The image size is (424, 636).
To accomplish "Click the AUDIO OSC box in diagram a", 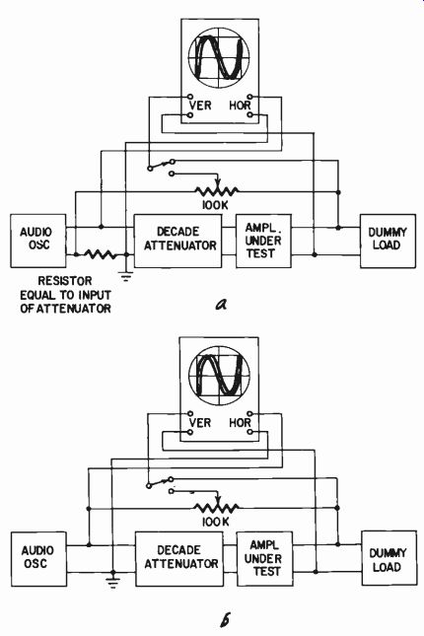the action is coord(38,241).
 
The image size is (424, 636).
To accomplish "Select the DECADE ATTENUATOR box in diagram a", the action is coord(178,241).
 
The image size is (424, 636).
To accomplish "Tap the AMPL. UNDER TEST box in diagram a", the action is coord(263,241).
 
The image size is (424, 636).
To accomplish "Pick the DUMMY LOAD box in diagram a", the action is coord(388,241).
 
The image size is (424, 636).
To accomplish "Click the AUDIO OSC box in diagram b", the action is coord(39,559).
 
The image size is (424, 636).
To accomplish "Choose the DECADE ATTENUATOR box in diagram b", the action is coord(179,559).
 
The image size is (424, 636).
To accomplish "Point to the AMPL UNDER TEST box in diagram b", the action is coord(264,559).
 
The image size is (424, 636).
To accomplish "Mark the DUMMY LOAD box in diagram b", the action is coord(389,558).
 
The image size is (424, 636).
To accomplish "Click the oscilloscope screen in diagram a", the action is coord(219,57).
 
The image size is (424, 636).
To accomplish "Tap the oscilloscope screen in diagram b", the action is coord(219,375).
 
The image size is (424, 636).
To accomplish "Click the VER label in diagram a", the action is coord(200,106).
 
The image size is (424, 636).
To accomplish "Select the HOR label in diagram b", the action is coord(240,423).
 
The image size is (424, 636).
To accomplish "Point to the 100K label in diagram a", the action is coord(215,205).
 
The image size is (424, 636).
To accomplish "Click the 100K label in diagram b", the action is coord(215,522).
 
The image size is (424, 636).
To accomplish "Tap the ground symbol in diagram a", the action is coord(126,277).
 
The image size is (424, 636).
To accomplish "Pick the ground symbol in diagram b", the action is coord(112,583).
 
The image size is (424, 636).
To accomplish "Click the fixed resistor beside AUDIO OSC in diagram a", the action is coord(100,254).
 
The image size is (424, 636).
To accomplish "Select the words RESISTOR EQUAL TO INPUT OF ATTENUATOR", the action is coord(65,295).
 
